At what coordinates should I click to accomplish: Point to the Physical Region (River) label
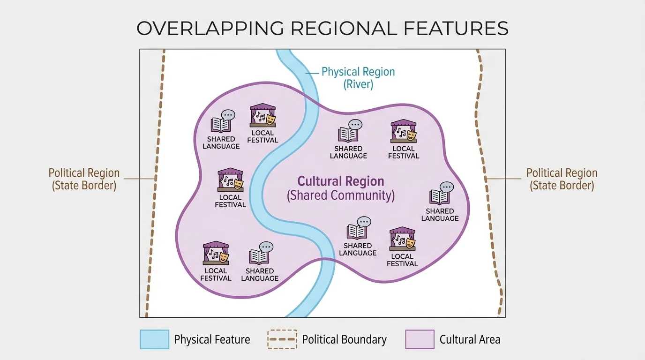coord(358,78)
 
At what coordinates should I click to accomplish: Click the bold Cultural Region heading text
coord(341,181)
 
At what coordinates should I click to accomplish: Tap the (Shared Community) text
coord(341,195)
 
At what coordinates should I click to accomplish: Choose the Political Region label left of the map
coord(84,179)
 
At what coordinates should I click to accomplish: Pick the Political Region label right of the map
coord(562,179)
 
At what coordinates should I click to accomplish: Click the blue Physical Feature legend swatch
coord(154,339)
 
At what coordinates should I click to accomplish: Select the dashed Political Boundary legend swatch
coord(282,339)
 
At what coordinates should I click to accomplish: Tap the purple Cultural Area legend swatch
coord(420,339)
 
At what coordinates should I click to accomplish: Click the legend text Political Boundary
coord(344,339)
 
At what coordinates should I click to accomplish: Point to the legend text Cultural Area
coord(470,339)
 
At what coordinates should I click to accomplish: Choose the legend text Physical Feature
coord(212,339)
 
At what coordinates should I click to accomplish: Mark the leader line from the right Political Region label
coord(504,179)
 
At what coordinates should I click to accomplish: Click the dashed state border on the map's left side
coord(155,178)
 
